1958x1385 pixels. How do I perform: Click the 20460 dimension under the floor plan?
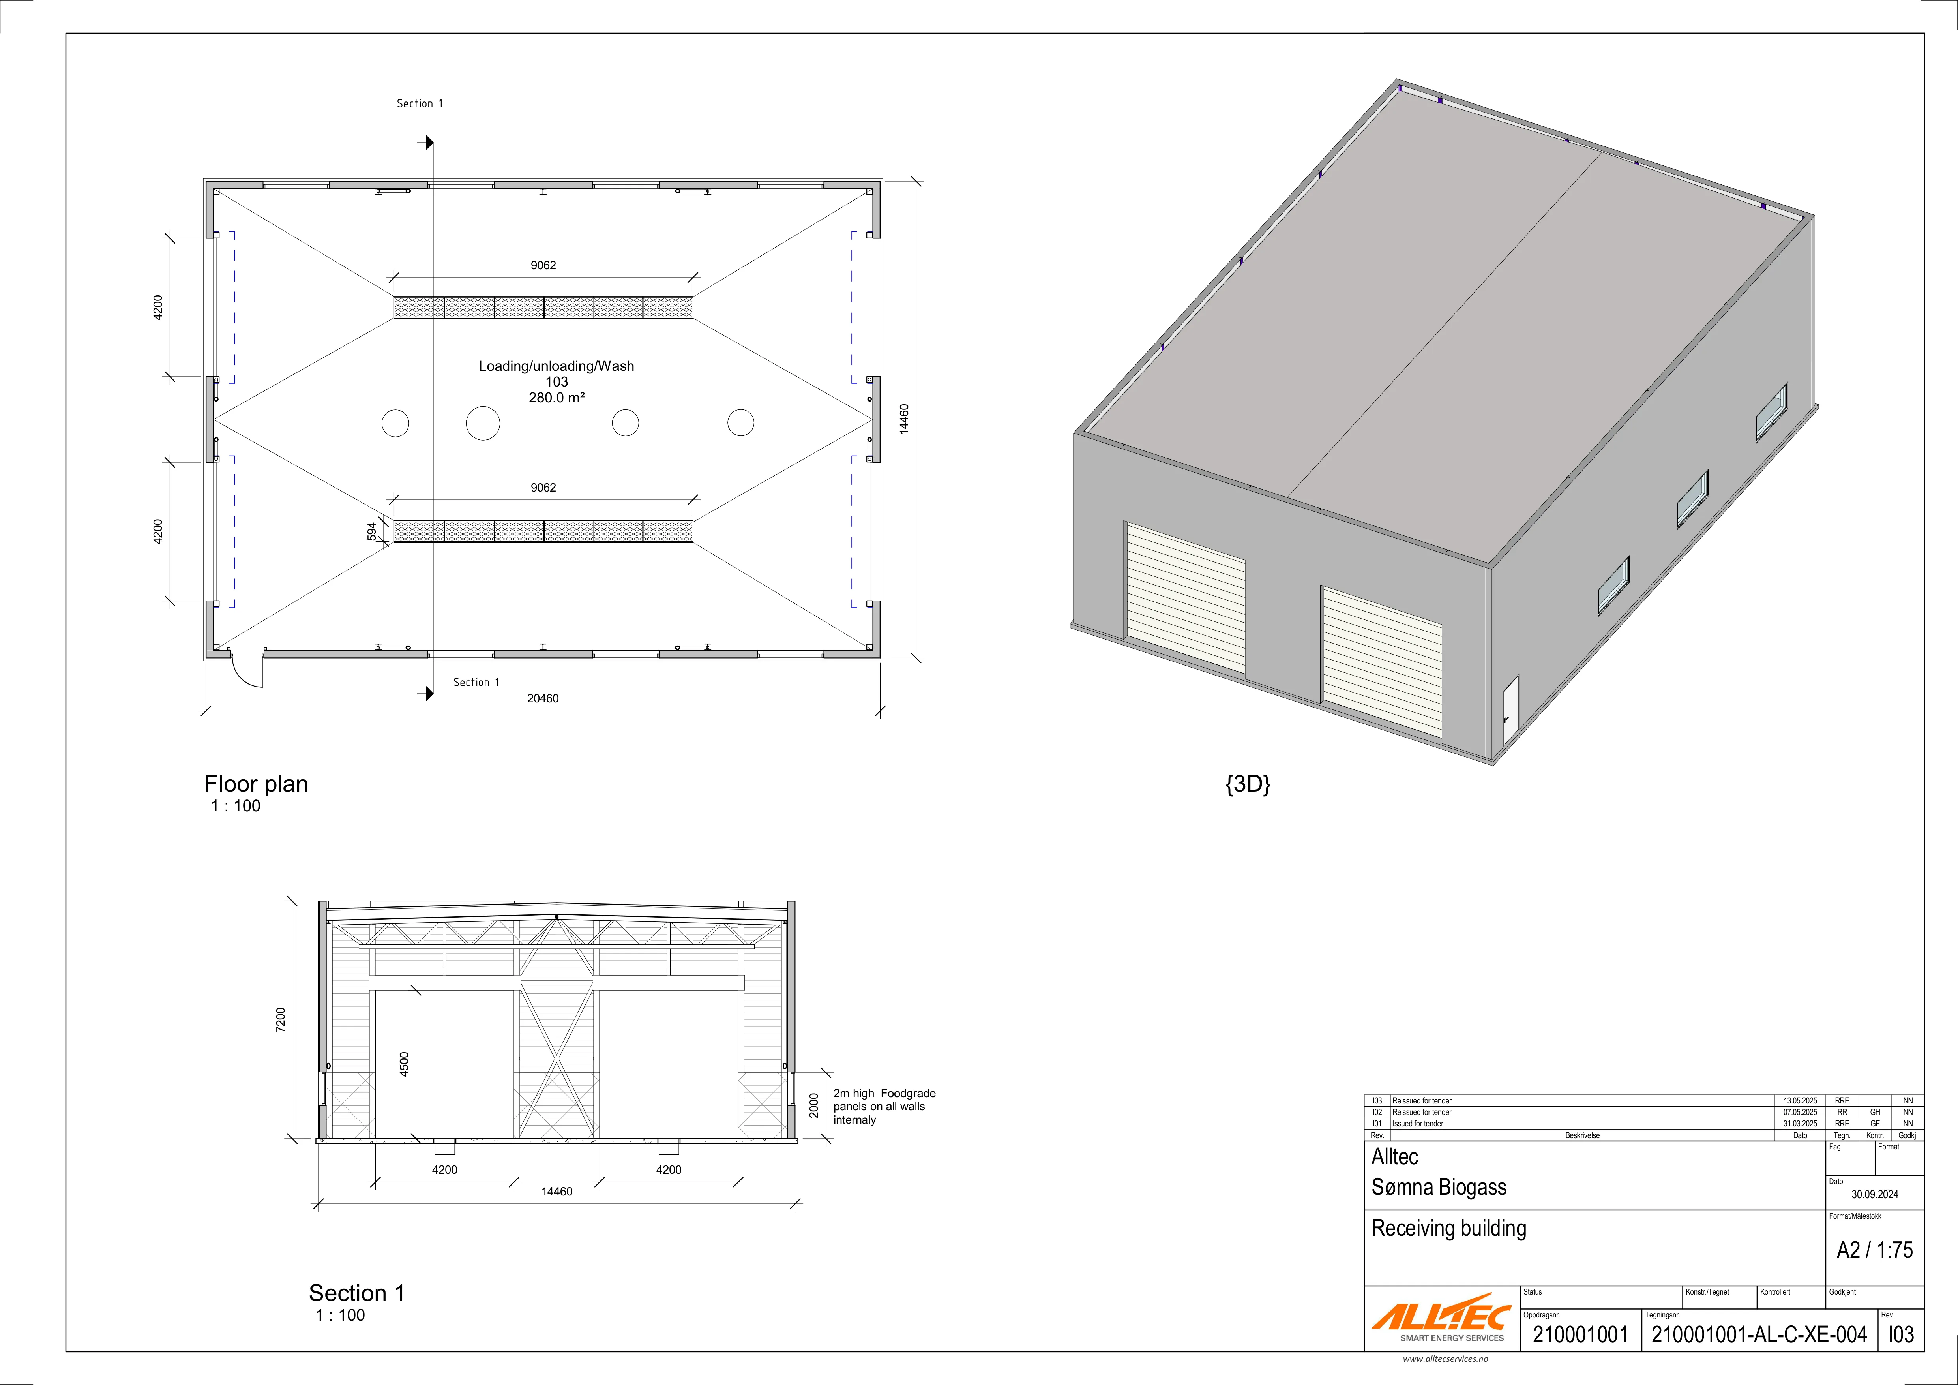point(542,698)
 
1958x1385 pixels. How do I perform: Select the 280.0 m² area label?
point(557,398)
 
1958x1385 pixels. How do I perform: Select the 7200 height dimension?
point(281,1020)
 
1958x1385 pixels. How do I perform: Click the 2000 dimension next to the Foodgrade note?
point(814,1105)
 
